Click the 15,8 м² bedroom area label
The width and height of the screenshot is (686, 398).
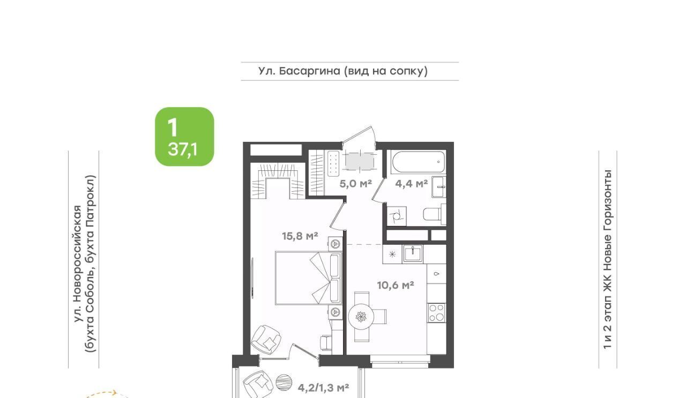pyautogui.click(x=300, y=236)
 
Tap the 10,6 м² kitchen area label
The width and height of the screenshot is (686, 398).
pyautogui.click(x=396, y=286)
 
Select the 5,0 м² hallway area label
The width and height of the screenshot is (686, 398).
pyautogui.click(x=355, y=184)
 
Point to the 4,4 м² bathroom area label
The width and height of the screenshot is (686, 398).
pyautogui.click(x=411, y=184)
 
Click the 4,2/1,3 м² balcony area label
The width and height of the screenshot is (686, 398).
pyautogui.click(x=323, y=388)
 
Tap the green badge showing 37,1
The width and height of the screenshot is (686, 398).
pyautogui.click(x=184, y=137)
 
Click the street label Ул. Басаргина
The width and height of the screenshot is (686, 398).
pyautogui.click(x=299, y=71)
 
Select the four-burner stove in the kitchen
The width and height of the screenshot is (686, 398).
pyautogui.click(x=437, y=313)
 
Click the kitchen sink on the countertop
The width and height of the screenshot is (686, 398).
pyautogui.click(x=413, y=254)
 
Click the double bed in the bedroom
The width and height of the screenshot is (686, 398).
pyautogui.click(x=308, y=278)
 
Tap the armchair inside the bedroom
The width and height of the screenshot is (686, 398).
pyautogui.click(x=265, y=340)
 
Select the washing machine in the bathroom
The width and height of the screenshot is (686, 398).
pyautogui.click(x=397, y=216)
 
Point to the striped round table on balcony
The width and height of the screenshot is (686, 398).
pyautogui.click(x=284, y=382)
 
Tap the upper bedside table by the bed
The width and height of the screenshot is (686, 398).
pyautogui.click(x=335, y=244)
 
